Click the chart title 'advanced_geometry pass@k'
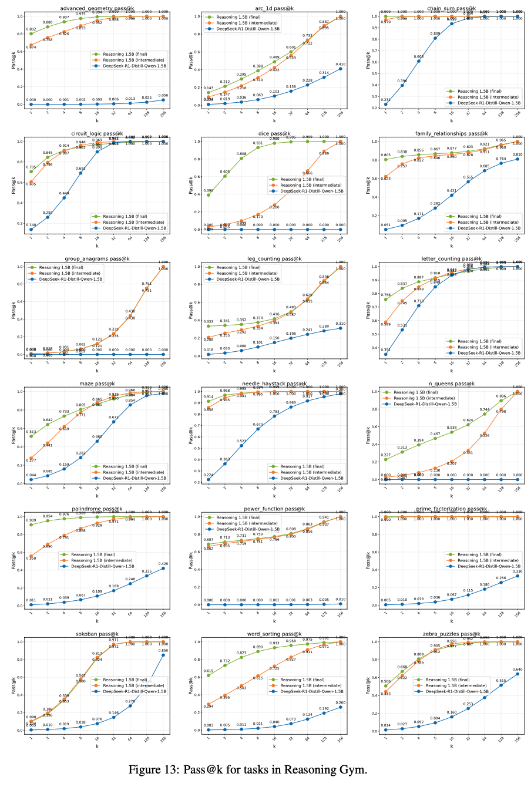(98, 8)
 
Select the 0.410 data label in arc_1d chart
(340, 64)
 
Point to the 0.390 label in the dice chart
(208, 191)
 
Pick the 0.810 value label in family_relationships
(517, 154)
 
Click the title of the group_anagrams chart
(98, 258)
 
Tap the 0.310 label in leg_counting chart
(340, 324)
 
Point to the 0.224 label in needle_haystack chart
(208, 475)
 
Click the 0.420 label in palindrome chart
(163, 564)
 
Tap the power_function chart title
(274, 509)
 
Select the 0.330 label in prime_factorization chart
(517, 571)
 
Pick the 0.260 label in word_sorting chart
(340, 702)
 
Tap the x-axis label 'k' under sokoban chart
(97, 746)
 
